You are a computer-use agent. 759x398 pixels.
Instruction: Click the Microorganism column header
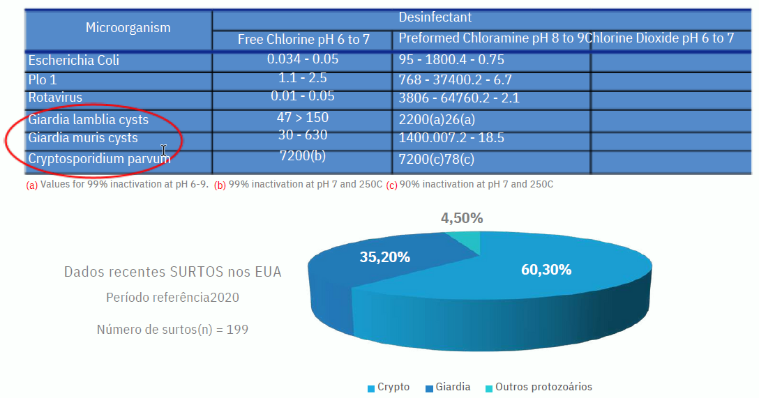click(128, 28)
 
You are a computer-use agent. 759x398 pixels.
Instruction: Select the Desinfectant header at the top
click(435, 17)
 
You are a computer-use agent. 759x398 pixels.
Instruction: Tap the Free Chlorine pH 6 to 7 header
click(303, 40)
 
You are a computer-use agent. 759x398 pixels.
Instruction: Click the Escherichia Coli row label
click(73, 61)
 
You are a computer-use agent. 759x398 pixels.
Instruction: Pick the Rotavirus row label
click(55, 98)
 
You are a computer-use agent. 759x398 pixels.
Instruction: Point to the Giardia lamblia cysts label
click(88, 120)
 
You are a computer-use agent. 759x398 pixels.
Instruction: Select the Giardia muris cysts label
click(83, 138)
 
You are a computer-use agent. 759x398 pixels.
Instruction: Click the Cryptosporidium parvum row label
click(99, 159)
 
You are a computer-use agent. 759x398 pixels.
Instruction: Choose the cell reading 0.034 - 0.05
click(302, 59)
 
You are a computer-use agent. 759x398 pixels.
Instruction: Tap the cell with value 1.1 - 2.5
click(302, 78)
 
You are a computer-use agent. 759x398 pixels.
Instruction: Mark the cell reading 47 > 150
click(302, 117)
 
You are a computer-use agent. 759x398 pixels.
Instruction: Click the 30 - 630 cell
click(302, 135)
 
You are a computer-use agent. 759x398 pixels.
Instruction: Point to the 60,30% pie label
click(546, 270)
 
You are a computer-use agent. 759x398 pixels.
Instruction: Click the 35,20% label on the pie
click(384, 257)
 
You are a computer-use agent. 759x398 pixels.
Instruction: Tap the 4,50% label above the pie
click(462, 218)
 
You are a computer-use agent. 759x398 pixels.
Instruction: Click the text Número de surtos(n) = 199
click(172, 329)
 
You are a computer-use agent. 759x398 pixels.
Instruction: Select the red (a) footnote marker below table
click(31, 185)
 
